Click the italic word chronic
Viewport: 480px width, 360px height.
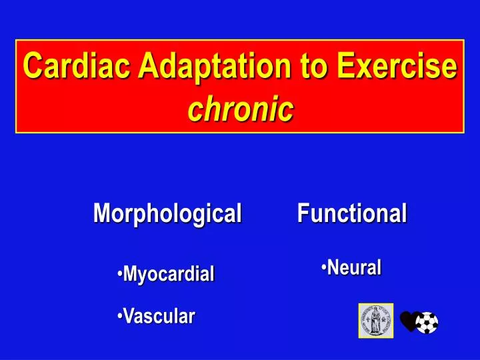[240, 109]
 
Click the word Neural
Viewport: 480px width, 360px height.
[354, 268]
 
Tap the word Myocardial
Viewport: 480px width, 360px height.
[169, 273]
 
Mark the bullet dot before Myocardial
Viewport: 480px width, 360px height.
[119, 275]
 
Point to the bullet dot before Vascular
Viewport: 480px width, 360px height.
[119, 317]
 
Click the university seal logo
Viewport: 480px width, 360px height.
[376, 321]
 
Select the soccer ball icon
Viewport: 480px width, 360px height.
[427, 323]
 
